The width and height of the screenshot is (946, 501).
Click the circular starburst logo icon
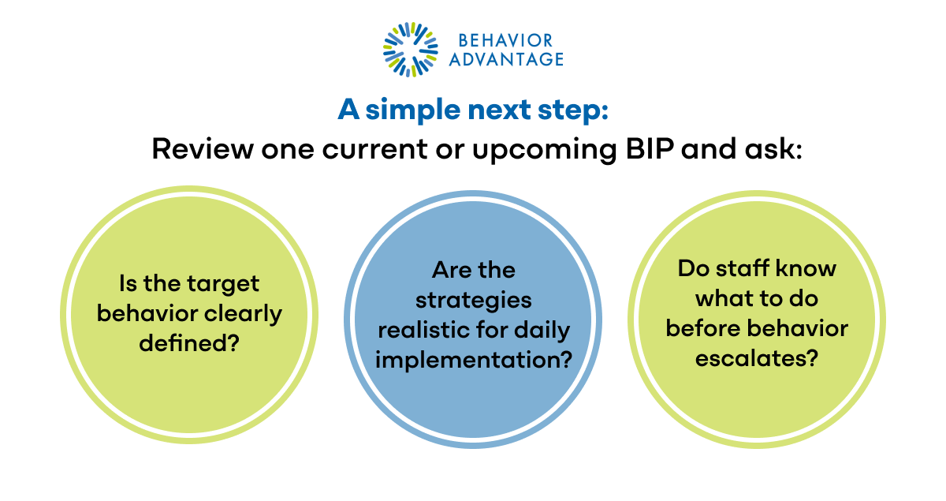click(x=410, y=50)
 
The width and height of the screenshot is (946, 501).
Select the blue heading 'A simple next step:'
click(x=473, y=110)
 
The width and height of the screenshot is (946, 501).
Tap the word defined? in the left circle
click(x=189, y=342)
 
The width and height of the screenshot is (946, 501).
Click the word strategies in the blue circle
click(x=473, y=300)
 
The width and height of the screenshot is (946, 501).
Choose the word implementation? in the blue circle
click(x=473, y=360)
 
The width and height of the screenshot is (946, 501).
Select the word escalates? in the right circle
click(x=757, y=358)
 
